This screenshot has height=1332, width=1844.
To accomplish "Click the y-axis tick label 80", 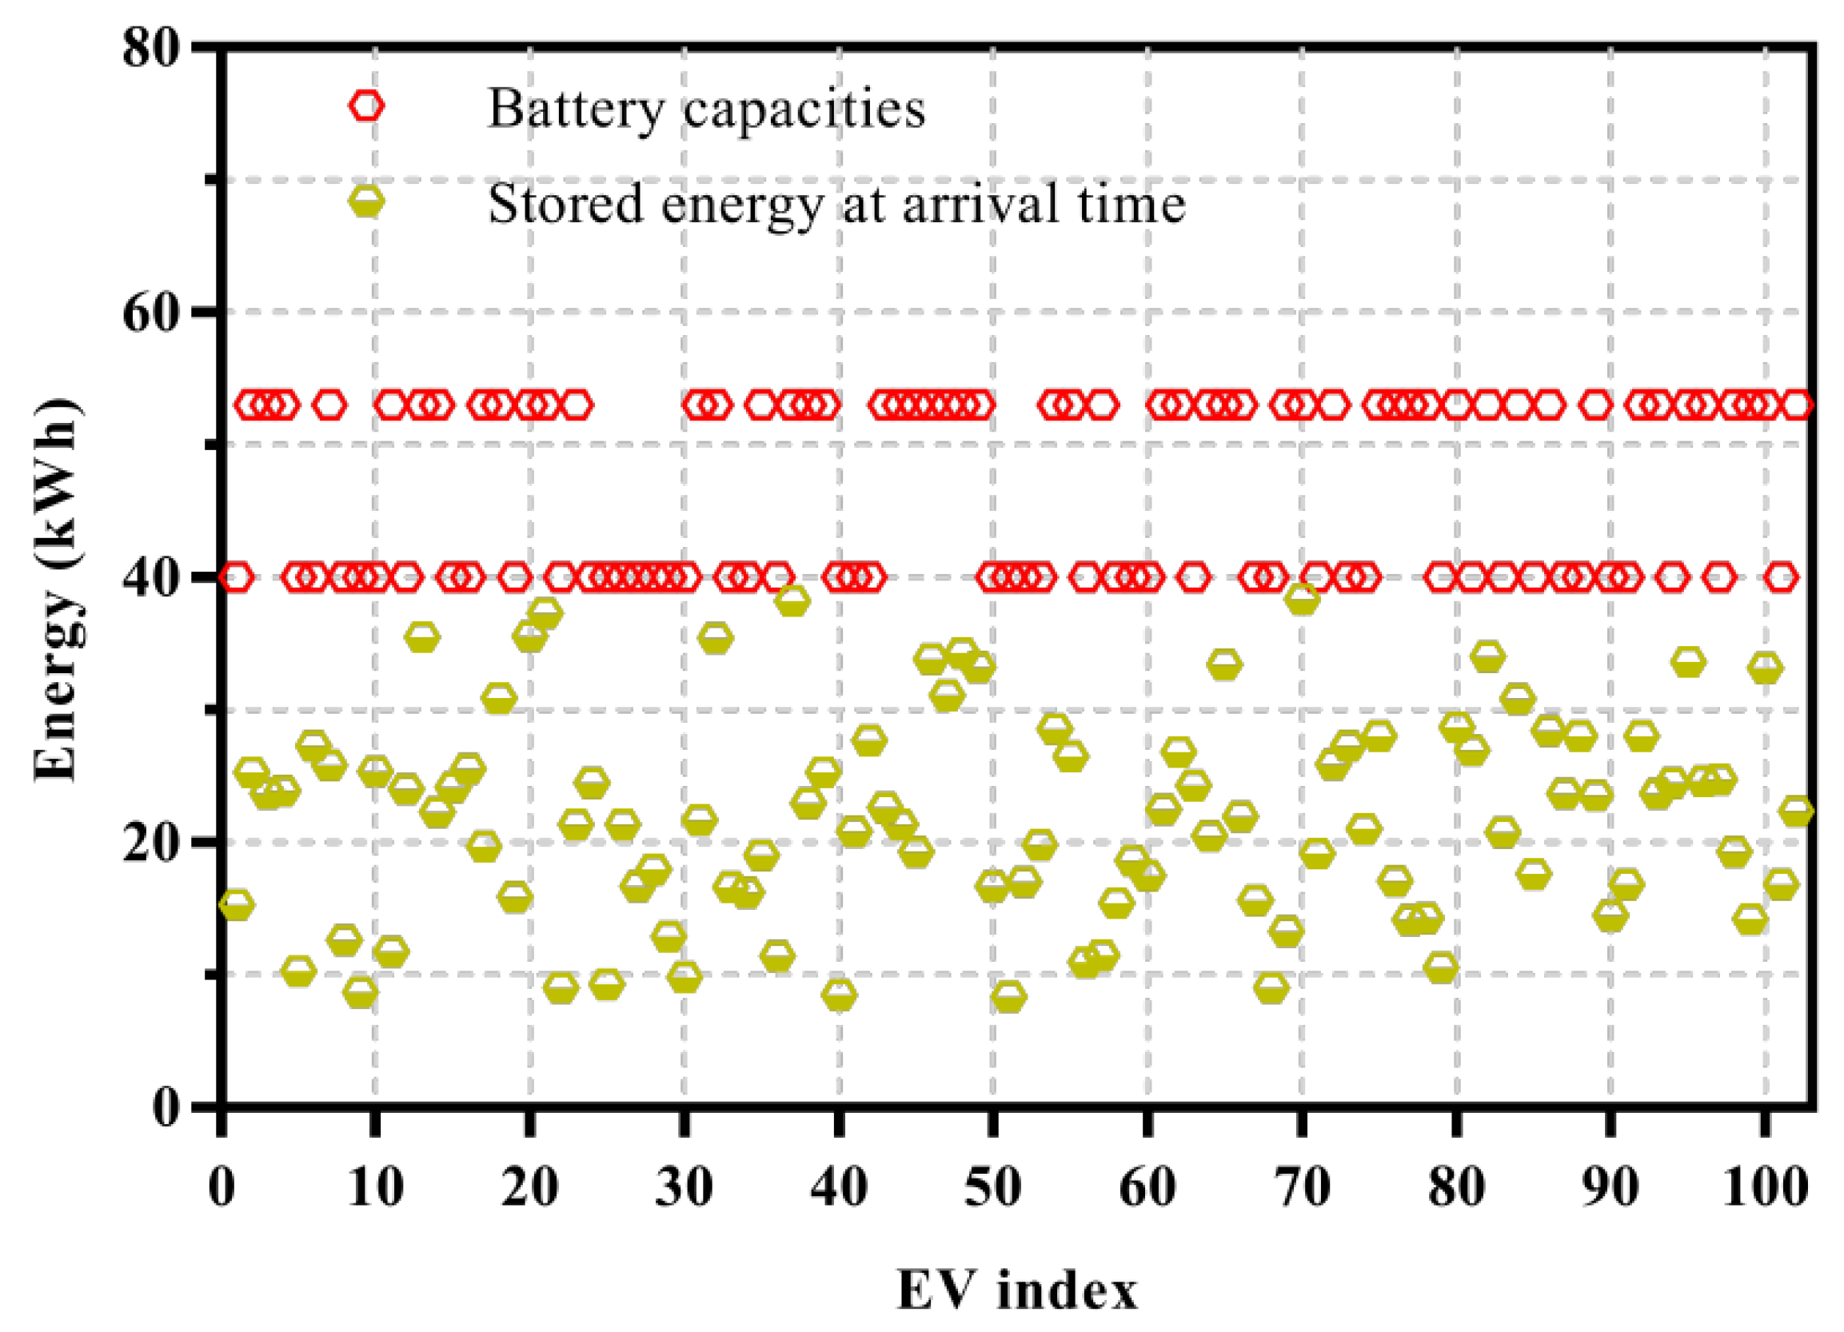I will (150, 49).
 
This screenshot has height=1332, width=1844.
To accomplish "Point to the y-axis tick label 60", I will (150, 313).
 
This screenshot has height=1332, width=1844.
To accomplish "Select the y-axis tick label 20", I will (150, 843).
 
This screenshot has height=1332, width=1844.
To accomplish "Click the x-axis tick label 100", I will (1764, 1188).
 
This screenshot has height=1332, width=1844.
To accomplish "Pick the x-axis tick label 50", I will (992, 1188).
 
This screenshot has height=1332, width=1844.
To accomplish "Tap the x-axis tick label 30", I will (684, 1188).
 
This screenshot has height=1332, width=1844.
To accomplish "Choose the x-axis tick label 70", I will (1302, 1188).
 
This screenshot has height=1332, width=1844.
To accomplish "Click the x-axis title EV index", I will (1017, 1290).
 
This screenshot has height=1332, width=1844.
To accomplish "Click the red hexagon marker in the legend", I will (367, 106).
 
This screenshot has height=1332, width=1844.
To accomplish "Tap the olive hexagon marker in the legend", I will (367, 201).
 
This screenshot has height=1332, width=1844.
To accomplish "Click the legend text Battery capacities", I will (707, 108).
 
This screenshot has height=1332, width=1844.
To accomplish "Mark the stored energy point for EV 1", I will (237, 904).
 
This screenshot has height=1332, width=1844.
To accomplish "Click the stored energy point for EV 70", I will (1302, 600).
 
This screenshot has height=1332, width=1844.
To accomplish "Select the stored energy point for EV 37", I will (792, 602).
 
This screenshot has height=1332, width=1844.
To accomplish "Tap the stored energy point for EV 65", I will (1224, 664).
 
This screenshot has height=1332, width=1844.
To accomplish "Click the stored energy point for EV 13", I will (422, 638).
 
